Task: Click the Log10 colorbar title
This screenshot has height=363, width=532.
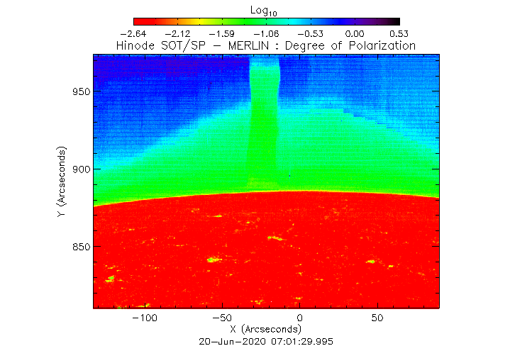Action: coord(266,9)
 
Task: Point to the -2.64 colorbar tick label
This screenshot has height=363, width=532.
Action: coord(133,33)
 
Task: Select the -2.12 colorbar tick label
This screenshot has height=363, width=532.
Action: coord(177,33)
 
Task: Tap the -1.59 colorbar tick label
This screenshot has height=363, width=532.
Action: coord(222,33)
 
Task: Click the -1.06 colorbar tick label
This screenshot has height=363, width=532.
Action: coord(266,33)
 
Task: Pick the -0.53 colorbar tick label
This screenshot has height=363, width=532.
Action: coord(311,33)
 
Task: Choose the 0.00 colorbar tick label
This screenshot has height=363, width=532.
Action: coord(355,33)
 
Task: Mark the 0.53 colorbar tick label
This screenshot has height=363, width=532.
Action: coord(399,33)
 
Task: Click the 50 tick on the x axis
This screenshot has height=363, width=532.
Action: coord(377,318)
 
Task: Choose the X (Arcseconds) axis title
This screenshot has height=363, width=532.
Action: coord(266,330)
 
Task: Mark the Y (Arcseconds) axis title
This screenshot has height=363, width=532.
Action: coord(63,182)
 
